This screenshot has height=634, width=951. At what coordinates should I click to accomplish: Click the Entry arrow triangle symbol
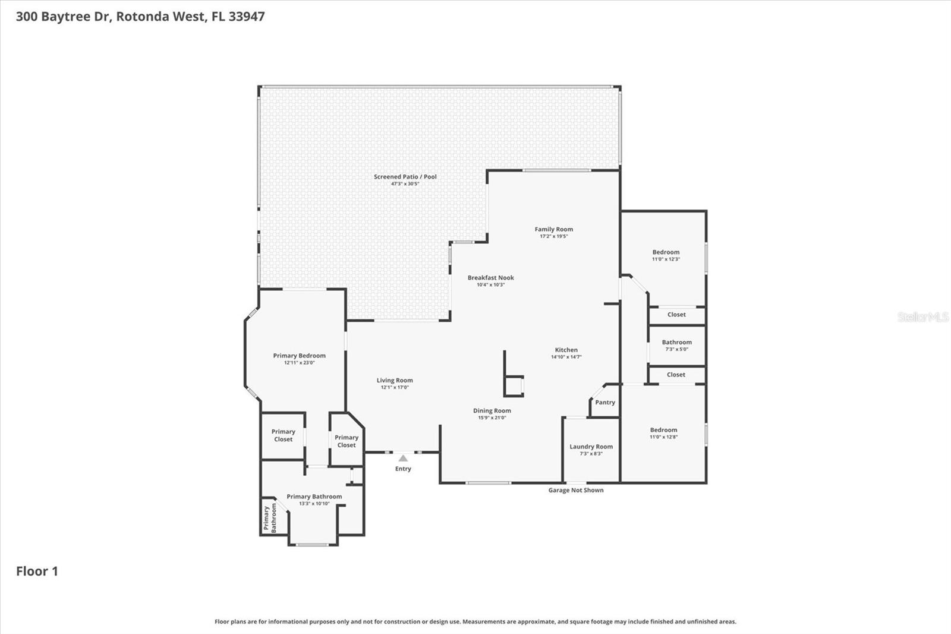tap(403, 458)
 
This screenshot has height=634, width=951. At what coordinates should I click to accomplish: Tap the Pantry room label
tap(605, 403)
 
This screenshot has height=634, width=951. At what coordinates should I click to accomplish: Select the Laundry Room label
tap(591, 447)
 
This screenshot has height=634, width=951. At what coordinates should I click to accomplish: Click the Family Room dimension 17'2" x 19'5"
tap(553, 237)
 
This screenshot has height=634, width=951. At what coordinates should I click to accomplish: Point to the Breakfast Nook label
tap(490, 278)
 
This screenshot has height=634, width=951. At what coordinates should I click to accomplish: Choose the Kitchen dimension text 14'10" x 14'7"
tap(566, 357)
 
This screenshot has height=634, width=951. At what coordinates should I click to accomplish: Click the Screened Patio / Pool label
tap(405, 177)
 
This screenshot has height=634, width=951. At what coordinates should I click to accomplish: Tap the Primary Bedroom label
tap(299, 356)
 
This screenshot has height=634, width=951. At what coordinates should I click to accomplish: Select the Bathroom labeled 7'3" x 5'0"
tap(676, 343)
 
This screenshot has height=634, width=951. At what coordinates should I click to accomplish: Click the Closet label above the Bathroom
tap(676, 315)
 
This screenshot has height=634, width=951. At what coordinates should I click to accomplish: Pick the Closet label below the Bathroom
tap(676, 375)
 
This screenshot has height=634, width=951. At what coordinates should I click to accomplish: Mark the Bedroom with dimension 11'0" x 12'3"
tap(666, 252)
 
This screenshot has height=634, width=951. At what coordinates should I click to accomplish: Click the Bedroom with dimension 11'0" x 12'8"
tap(663, 430)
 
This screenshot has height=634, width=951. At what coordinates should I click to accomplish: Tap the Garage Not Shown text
tap(575, 490)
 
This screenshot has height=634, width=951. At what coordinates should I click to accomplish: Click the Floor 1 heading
tap(37, 571)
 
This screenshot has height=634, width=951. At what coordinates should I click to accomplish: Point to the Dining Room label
tap(492, 411)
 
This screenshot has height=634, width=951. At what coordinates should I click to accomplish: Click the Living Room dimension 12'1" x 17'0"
tap(395, 388)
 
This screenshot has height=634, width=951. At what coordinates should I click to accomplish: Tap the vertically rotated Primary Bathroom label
tap(270, 517)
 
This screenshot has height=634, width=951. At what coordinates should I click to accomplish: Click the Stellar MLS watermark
tap(922, 317)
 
